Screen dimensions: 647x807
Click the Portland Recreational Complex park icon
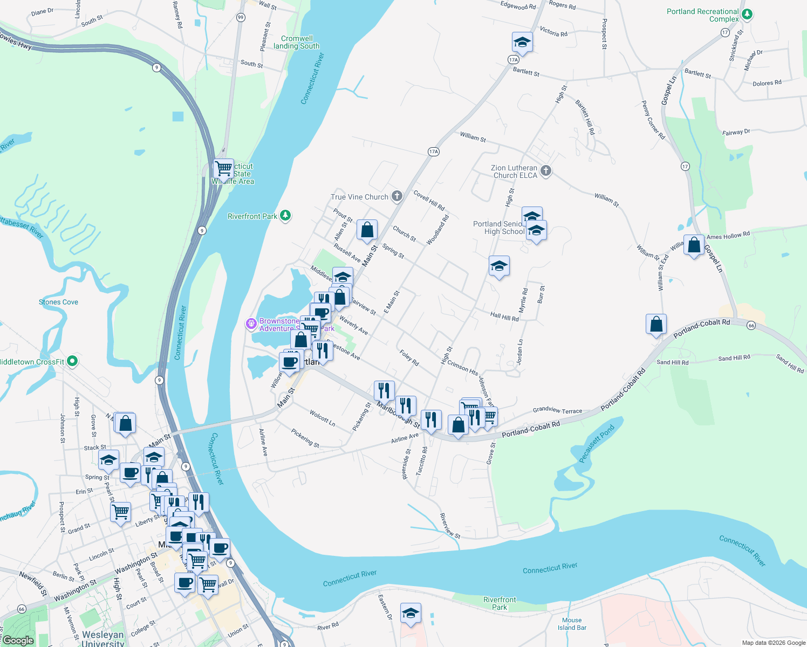tap(747, 15)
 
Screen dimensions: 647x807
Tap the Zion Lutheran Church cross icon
tap(546, 171)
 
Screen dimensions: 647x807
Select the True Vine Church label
tap(359, 197)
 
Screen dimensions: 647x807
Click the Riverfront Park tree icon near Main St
tap(285, 216)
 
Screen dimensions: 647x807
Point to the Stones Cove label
tap(58, 302)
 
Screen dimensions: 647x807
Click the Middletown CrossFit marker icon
tap(73, 361)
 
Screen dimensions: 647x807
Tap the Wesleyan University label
tap(103, 638)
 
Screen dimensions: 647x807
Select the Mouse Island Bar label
tap(572, 624)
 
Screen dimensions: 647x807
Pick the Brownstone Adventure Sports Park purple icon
tap(251, 323)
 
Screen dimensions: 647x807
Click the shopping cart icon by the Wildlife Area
tap(223, 168)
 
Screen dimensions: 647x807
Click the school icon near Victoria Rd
tap(522, 42)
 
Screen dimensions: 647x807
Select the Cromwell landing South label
tap(297, 42)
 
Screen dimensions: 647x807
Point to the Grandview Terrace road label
tap(557, 410)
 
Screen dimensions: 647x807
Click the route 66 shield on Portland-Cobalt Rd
tap(751, 326)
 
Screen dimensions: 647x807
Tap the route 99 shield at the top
tap(241, 17)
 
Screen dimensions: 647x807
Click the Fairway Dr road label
tap(736, 132)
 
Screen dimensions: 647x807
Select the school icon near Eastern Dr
tap(411, 613)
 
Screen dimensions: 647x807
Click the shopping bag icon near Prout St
tap(367, 230)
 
